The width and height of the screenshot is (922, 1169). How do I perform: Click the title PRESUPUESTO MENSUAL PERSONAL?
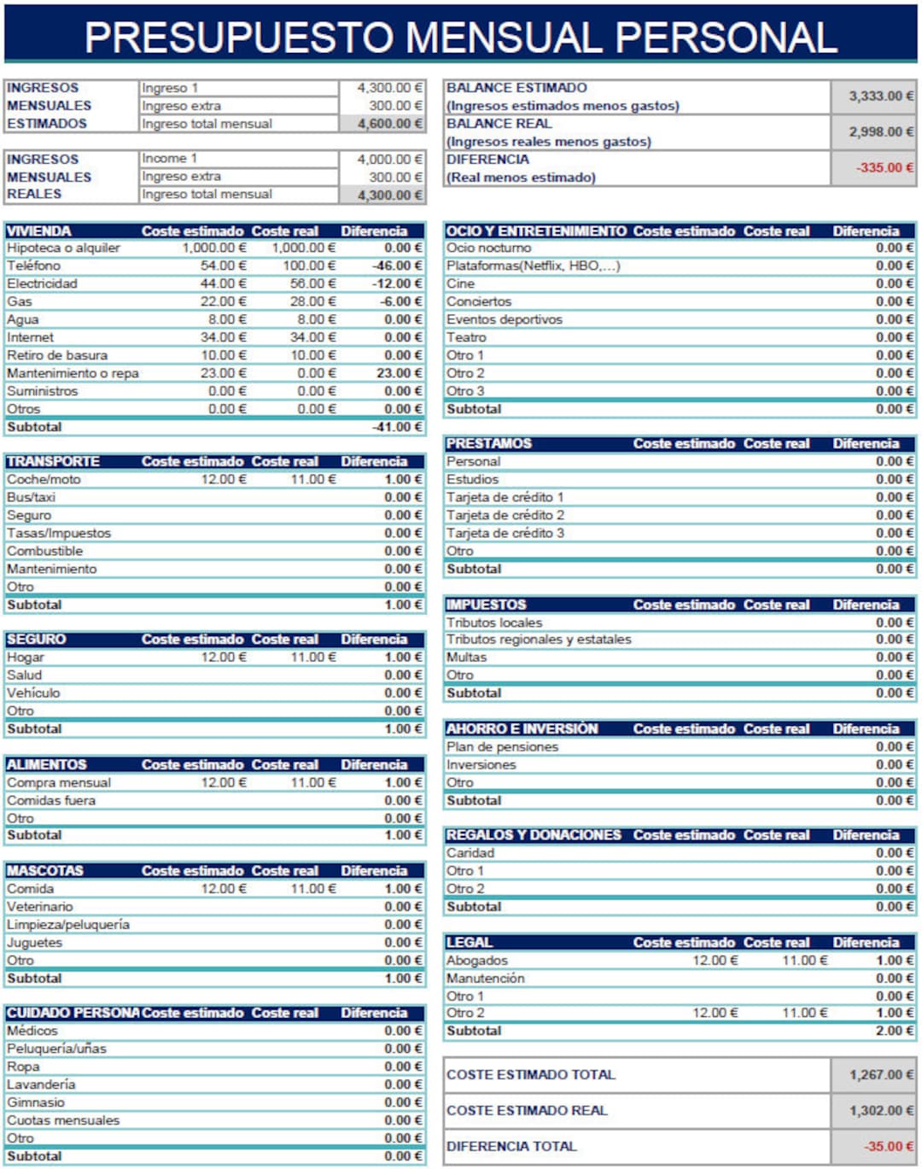click(x=461, y=37)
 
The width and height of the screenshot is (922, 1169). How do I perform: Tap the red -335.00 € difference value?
click(x=884, y=167)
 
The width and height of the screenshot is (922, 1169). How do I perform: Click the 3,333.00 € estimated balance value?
click(x=880, y=96)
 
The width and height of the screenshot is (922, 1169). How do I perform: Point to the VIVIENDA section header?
click(x=39, y=231)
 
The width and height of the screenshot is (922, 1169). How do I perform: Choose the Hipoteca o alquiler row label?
click(x=63, y=248)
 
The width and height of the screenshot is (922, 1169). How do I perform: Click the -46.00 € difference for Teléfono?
click(x=397, y=266)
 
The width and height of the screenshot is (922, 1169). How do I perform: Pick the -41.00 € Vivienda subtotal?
click(x=397, y=427)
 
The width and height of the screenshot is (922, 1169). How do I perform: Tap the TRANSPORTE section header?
click(x=53, y=461)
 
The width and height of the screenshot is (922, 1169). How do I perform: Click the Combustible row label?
click(x=44, y=551)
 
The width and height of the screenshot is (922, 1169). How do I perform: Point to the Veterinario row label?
click(x=40, y=906)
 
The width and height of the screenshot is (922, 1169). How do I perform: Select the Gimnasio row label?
click(x=36, y=1102)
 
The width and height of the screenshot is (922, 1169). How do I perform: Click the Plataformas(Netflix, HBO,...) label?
click(x=533, y=266)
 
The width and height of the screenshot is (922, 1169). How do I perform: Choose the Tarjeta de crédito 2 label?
click(x=505, y=515)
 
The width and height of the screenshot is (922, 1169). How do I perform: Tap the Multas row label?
click(x=466, y=657)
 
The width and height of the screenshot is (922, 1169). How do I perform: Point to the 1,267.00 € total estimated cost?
click(x=880, y=1075)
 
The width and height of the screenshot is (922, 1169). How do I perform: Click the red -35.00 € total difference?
click(x=888, y=1146)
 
